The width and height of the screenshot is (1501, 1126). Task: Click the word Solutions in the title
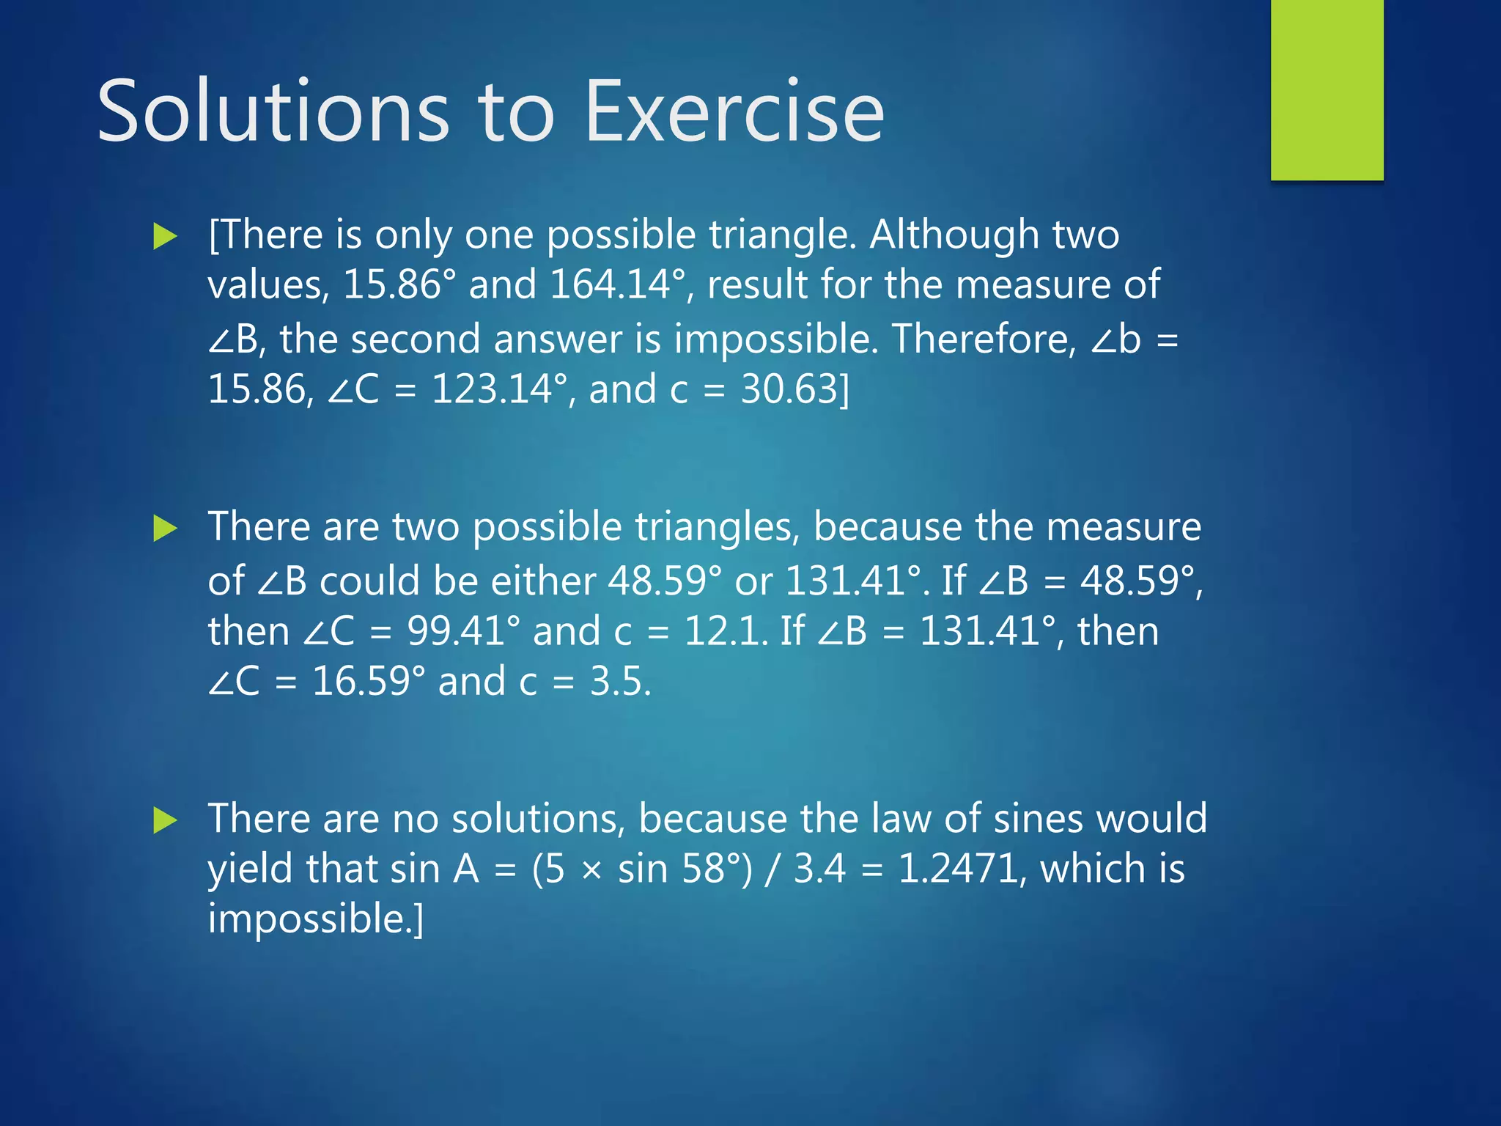pos(273,112)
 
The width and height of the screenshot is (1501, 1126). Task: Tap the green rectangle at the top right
pos(1327,89)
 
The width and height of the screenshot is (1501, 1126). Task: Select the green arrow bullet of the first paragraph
pos(166,237)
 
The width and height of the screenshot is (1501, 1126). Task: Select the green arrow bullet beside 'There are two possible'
pos(166,529)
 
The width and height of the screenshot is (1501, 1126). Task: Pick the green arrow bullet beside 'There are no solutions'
pos(166,820)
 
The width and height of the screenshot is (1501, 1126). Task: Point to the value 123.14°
pos(500,389)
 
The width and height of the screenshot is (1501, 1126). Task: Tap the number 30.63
pos(789,389)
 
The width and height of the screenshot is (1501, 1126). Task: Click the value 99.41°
pos(463,631)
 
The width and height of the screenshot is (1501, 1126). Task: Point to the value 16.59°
pos(368,682)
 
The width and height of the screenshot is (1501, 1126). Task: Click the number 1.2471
pos(958,869)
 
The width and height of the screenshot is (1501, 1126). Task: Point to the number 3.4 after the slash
pos(819,869)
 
